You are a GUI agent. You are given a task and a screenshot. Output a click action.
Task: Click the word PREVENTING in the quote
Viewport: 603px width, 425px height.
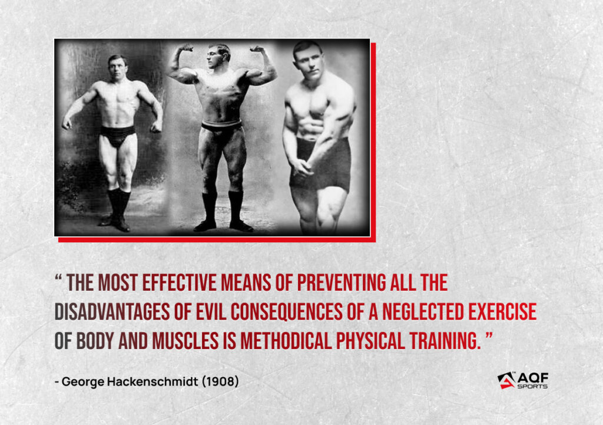pos(342,282)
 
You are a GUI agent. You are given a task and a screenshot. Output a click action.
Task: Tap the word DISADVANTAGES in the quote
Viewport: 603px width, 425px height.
pos(112,311)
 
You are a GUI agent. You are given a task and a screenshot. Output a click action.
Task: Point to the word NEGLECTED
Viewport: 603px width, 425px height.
pos(423,311)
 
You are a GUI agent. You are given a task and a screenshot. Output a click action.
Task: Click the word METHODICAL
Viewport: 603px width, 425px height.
pos(286,341)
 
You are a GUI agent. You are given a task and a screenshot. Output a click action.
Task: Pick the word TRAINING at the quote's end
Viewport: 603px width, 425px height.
pos(445,341)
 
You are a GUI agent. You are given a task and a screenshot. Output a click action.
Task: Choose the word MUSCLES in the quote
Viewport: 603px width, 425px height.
pos(185,341)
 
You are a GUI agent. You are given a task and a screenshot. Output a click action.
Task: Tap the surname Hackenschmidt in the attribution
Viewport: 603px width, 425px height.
pos(153,381)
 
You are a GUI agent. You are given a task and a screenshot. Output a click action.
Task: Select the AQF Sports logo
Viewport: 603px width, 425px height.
pos(523,380)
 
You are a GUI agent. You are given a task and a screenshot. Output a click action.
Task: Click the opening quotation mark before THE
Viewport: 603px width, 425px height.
pos(58,278)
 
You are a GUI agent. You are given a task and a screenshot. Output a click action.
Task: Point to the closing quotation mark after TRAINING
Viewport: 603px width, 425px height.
pos(489,336)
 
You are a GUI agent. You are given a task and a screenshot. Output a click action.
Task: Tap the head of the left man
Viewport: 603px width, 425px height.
pos(117,67)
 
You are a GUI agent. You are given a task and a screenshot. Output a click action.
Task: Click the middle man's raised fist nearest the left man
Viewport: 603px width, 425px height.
pos(187,48)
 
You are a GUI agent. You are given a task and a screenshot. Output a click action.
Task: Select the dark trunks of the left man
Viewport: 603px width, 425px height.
pos(117,136)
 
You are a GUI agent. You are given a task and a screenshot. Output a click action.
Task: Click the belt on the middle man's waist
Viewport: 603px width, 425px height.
pos(222,126)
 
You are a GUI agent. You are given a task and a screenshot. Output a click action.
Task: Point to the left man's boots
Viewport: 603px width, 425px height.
pos(118,210)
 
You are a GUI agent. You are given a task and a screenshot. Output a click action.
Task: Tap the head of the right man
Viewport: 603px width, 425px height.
pos(307,60)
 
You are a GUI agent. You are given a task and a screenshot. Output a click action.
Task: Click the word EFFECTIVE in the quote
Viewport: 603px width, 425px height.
pos(180,282)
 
